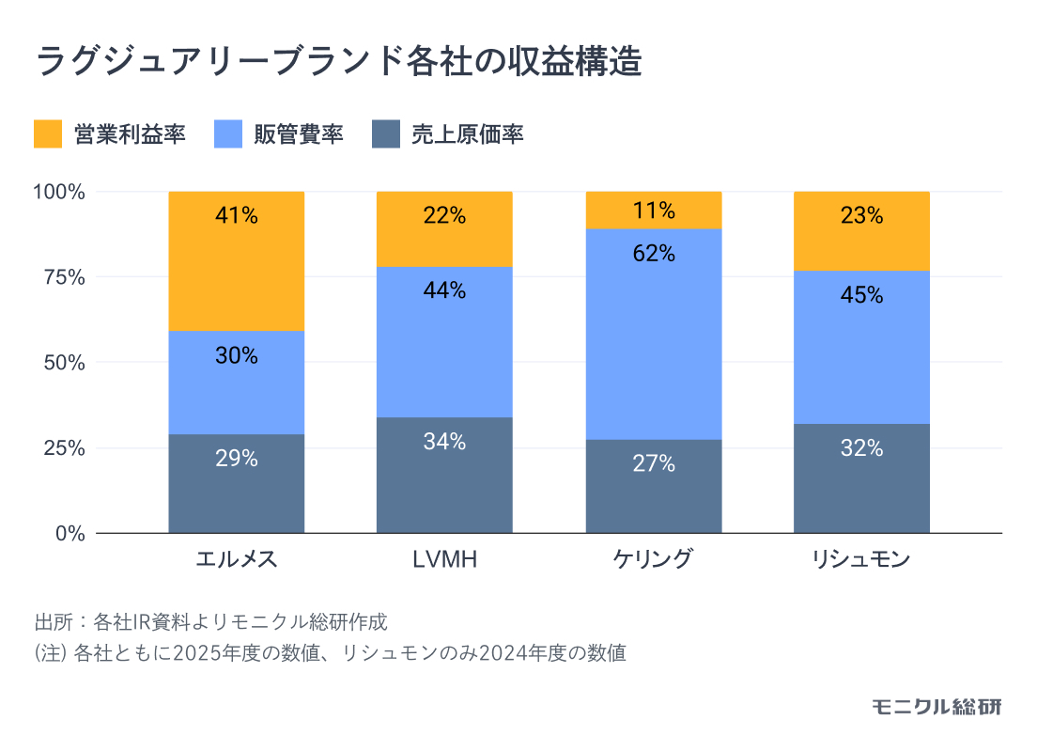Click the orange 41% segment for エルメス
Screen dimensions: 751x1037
click(237, 261)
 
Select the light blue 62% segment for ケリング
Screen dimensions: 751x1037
click(654, 334)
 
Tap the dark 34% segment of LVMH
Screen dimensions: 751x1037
click(444, 475)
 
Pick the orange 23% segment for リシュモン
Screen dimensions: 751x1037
click(861, 231)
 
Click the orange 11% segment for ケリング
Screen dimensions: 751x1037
click(654, 211)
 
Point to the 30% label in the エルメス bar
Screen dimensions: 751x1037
click(237, 356)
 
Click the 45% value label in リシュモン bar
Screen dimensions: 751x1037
click(861, 295)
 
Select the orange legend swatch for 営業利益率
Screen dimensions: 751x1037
click(48, 134)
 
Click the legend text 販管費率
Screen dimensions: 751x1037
click(298, 134)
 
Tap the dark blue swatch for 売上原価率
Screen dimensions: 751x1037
click(386, 134)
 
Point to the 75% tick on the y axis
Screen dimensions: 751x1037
click(66, 277)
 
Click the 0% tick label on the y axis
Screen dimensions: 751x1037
click(71, 533)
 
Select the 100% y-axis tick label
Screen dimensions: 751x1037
click(60, 192)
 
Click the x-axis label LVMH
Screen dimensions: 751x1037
click(444, 560)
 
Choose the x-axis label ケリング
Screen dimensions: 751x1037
click(654, 560)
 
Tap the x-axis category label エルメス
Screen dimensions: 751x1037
click(237, 560)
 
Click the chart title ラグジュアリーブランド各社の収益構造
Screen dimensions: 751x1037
click(339, 62)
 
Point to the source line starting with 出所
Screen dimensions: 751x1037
click(210, 622)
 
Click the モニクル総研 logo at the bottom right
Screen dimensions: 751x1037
click(936, 707)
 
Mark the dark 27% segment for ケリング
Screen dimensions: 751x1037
click(654, 486)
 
